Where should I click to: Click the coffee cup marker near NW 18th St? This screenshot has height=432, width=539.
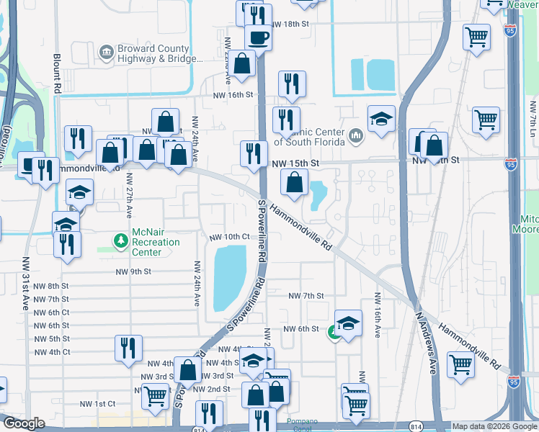(x=258, y=37)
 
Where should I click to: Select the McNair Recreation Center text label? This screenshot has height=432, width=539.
(x=156, y=243)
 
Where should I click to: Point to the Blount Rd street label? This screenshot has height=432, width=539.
(x=56, y=72)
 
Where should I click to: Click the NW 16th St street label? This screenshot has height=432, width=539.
(x=233, y=94)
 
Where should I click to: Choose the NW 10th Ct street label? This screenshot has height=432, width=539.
(x=229, y=237)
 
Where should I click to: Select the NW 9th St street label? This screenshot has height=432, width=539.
(x=133, y=271)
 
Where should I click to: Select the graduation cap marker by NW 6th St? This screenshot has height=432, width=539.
(x=348, y=325)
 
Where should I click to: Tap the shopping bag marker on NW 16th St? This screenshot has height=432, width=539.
(x=244, y=63)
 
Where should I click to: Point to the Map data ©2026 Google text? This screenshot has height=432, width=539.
(x=494, y=426)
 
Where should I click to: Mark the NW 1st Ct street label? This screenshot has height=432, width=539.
(x=97, y=404)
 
